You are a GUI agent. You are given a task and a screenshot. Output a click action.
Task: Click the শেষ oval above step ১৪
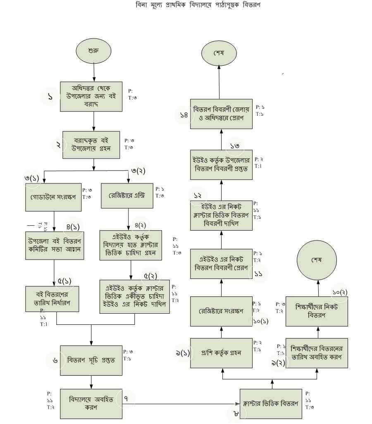[219, 53]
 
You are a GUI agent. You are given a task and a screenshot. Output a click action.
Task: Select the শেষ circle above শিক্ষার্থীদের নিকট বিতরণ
[317, 260]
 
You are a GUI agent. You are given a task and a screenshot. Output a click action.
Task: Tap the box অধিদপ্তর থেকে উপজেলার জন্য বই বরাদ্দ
[91, 96]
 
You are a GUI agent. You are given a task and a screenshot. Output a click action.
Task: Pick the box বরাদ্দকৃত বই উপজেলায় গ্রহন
[91, 145]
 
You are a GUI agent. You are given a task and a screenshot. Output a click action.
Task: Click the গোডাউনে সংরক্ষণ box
[56, 196]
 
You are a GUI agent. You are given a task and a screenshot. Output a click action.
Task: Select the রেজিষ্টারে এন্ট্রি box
[128, 195]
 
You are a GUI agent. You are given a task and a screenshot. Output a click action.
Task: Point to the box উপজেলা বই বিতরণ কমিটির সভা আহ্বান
[55, 245]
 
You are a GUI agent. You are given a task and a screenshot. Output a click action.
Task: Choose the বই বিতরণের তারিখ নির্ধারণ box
[52, 298]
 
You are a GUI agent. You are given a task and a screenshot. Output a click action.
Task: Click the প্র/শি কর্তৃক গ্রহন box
[222, 353]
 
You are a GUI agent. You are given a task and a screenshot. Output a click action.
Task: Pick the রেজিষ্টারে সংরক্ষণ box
[222, 310]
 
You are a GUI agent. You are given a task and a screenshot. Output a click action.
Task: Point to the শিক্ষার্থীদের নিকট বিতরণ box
[317, 311]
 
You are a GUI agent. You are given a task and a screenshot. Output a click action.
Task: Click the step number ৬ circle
[55, 360]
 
